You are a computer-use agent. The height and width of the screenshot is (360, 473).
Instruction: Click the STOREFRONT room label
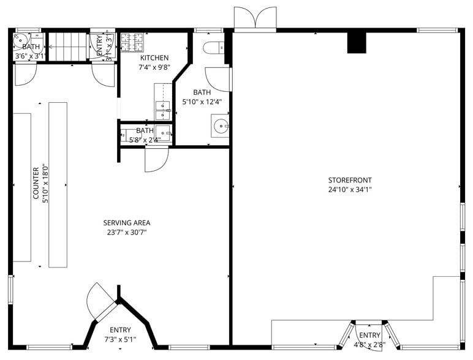click(350, 180)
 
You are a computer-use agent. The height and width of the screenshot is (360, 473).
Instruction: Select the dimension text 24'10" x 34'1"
click(350, 189)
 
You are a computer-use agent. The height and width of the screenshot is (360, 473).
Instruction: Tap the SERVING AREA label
click(127, 223)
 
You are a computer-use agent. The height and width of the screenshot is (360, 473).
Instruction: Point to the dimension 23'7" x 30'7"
click(127, 232)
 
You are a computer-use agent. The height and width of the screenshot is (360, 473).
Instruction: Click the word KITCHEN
click(154, 58)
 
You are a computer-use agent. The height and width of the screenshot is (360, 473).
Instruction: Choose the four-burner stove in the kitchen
click(132, 42)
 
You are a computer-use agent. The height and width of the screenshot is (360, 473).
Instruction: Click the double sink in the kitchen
click(162, 110)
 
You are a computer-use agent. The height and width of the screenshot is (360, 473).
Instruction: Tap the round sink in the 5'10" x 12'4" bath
click(220, 127)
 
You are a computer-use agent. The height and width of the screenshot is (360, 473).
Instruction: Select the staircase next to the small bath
click(67, 47)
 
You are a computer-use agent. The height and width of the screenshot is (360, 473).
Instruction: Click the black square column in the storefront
click(356, 43)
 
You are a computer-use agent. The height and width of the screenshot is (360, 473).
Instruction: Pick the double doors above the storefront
click(255, 18)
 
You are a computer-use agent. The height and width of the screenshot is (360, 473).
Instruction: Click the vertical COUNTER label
click(36, 183)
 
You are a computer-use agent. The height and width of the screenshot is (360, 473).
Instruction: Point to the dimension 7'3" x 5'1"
click(120, 339)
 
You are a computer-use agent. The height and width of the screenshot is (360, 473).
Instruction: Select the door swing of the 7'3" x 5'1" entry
click(100, 301)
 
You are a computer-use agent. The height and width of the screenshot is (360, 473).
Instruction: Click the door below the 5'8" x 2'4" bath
click(157, 160)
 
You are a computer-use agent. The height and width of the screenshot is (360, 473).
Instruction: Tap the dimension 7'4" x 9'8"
click(154, 67)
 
